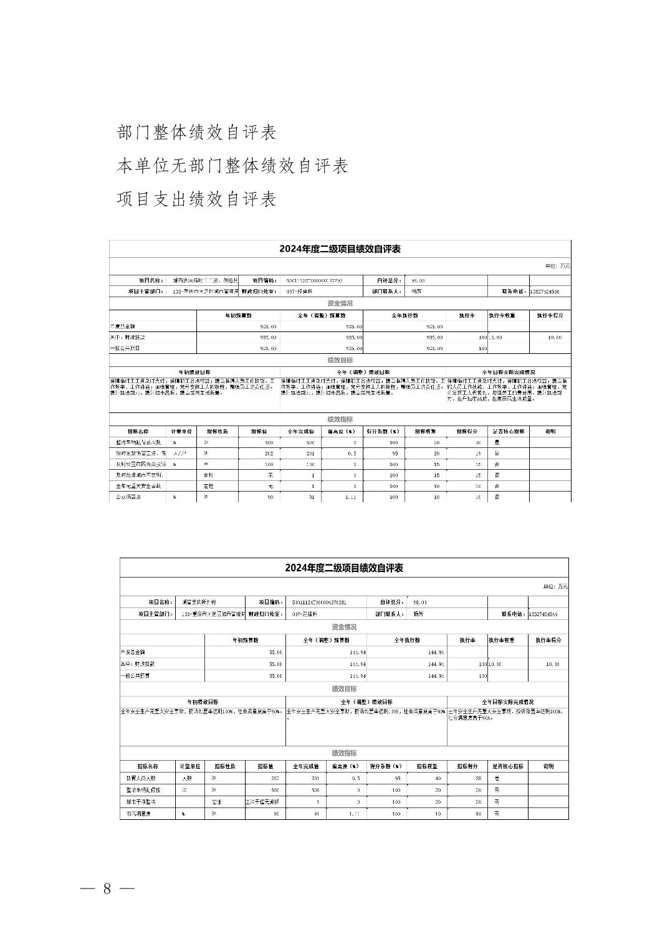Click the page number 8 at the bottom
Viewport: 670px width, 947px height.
(x=107, y=888)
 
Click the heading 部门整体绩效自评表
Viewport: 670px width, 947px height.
(x=196, y=132)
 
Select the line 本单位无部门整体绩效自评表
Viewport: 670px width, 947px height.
(x=232, y=166)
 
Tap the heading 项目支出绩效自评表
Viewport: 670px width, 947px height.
(x=196, y=199)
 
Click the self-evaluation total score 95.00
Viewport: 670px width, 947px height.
(x=418, y=281)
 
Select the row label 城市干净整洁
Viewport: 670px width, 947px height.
(x=141, y=802)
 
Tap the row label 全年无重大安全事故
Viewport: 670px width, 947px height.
(x=138, y=486)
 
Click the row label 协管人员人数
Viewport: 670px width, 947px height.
(x=141, y=778)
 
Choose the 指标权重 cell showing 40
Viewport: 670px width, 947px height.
(x=438, y=778)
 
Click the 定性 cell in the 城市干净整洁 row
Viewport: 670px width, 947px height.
(x=216, y=802)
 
